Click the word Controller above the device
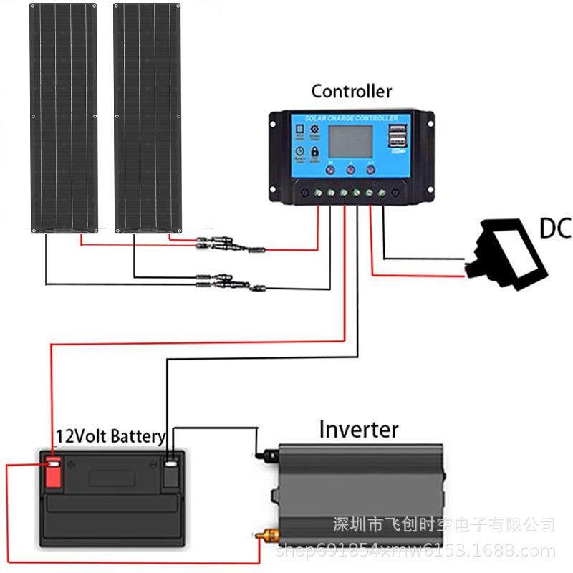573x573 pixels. tap(352, 92)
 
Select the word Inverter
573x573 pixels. tap(358, 430)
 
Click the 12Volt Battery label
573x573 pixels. tap(111, 436)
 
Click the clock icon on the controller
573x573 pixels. tap(300, 153)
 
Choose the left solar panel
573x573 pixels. tap(63, 118)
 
